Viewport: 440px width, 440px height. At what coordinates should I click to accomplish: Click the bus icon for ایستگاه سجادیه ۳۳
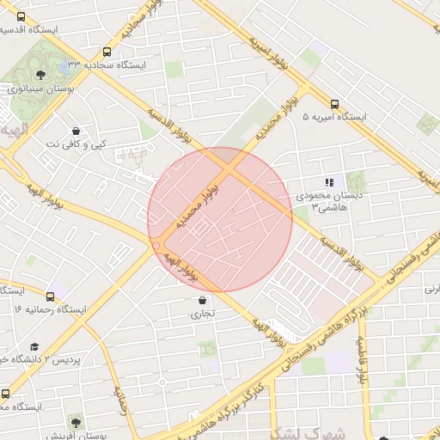click(x=107, y=52)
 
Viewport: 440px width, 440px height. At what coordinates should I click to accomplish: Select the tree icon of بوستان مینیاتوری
click(x=42, y=75)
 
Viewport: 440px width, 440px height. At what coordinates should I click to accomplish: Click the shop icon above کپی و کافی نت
click(x=76, y=130)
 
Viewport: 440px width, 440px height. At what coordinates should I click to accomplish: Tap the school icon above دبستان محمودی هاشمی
click(x=328, y=182)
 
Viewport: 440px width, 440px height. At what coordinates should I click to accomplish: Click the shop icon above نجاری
click(x=202, y=301)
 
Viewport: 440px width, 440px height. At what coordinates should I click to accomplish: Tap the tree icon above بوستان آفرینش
click(x=76, y=423)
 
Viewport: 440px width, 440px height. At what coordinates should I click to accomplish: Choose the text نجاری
click(x=203, y=315)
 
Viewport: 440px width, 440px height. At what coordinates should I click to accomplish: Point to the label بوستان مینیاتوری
click(x=41, y=89)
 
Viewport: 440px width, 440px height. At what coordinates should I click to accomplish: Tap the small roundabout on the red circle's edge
click(x=156, y=245)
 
